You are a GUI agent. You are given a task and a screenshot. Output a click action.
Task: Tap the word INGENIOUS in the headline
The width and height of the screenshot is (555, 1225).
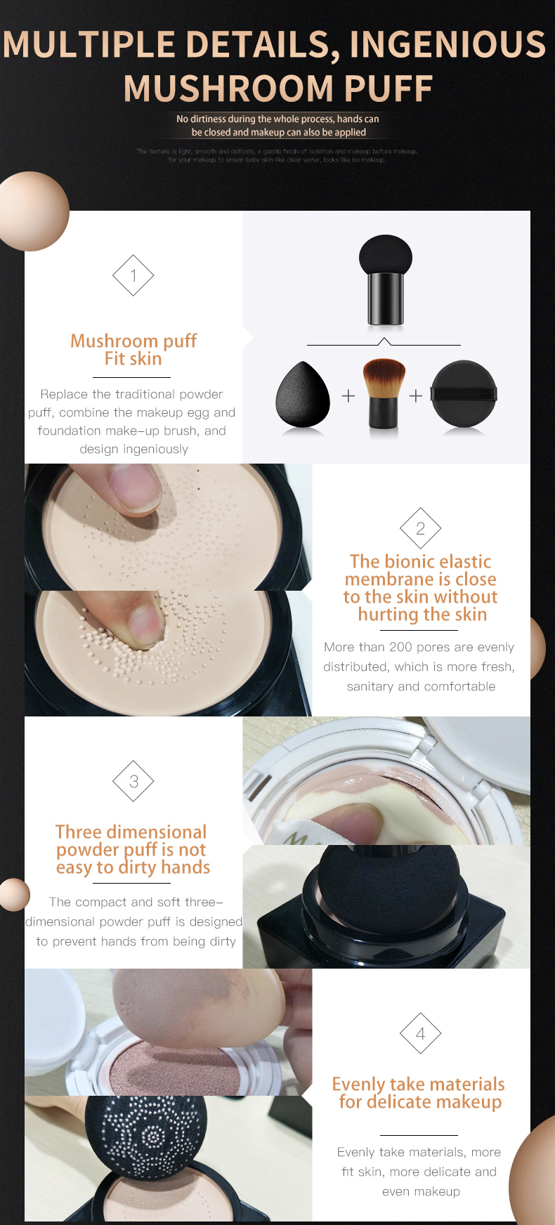pos(448,44)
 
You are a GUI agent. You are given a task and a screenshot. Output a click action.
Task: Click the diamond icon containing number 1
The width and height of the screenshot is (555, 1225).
pos(133,276)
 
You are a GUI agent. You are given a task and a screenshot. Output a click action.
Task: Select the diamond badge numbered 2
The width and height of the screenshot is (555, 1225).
pos(420,528)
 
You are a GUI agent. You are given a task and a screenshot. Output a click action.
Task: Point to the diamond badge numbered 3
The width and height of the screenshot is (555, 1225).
pos(133,781)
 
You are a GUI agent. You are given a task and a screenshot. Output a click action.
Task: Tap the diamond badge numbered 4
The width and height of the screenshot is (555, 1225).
pos(420,1033)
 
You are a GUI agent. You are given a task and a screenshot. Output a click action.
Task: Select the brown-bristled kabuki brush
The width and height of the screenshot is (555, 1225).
pos(384,394)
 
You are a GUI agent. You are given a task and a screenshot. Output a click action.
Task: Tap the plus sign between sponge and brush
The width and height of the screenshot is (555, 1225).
pos(348,396)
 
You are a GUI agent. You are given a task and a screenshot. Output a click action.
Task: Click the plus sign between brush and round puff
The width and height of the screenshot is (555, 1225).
pos(416,396)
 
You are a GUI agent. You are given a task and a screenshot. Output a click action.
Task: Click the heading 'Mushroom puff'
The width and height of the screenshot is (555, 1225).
pos(133,341)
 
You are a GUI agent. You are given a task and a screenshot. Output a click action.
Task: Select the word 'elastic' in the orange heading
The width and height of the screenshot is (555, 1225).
pos(461,561)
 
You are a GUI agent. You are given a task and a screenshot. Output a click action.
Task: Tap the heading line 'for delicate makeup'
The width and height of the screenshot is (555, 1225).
pos(420,1101)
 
